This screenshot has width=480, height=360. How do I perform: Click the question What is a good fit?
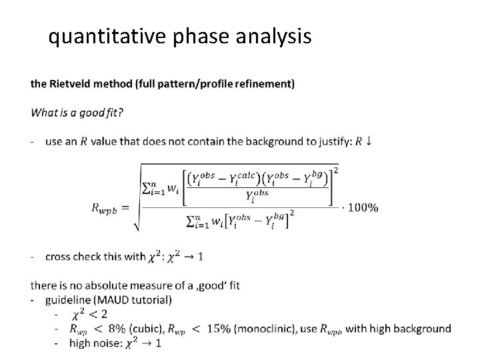77,113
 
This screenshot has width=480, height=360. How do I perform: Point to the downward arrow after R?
369,141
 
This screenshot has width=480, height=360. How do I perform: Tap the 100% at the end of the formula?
363,207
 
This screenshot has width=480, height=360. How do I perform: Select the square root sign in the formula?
138,200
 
